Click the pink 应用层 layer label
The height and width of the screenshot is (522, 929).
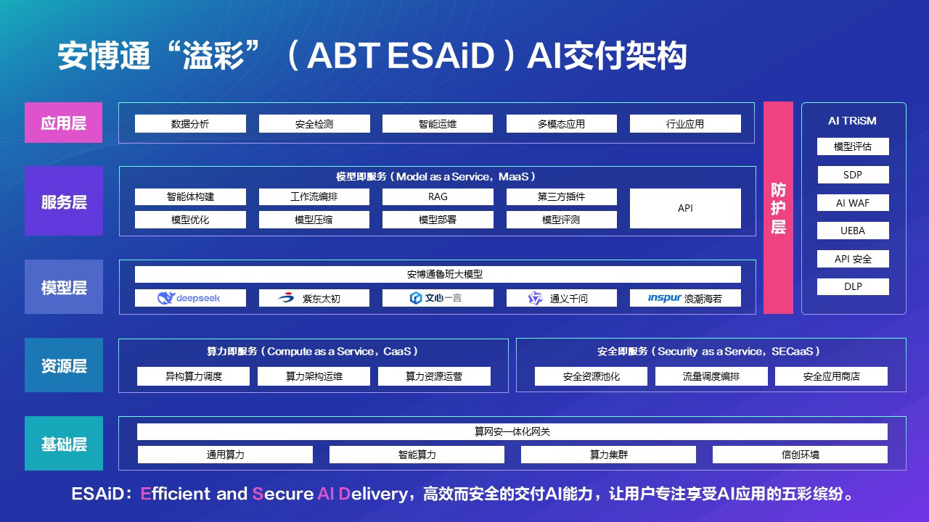[63, 123]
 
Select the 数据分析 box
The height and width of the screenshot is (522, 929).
[190, 124]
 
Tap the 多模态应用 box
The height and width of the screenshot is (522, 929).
[562, 124]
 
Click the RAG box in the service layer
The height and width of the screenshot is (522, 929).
[438, 196]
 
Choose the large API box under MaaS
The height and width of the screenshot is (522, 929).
[685, 208]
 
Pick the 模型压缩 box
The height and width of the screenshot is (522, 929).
[314, 220]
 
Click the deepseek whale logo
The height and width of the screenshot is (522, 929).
[166, 298]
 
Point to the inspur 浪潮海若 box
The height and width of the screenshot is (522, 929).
[685, 298]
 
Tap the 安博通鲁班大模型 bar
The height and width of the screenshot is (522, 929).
[438, 274]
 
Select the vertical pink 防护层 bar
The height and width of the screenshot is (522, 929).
[778, 207]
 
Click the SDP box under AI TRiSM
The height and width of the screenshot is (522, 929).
[853, 175]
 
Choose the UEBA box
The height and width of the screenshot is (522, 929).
[853, 231]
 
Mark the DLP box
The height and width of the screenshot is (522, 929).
[853, 286]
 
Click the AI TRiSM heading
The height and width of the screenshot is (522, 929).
[852, 121]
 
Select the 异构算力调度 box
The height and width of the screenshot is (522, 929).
[193, 376]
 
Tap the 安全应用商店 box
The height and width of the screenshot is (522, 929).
[831, 376]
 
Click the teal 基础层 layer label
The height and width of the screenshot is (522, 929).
[64, 443]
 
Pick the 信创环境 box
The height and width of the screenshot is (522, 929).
[800, 455]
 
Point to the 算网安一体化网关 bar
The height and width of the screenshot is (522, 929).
[512, 431]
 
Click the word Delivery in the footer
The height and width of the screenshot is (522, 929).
[373, 494]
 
